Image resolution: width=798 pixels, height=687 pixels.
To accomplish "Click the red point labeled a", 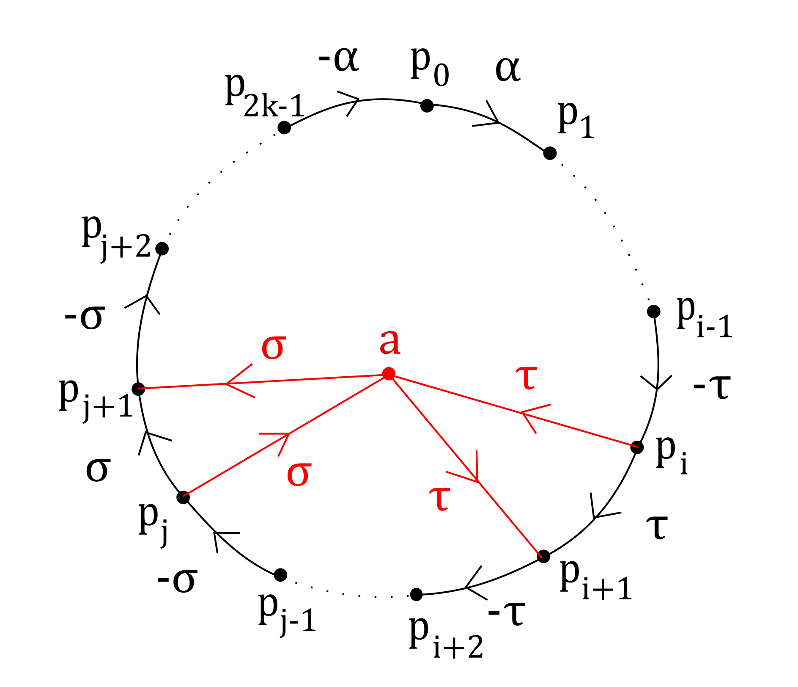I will point(389,374).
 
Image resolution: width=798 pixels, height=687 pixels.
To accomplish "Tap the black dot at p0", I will point(427,105).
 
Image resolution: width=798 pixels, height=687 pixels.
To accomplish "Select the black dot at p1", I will point(550,153).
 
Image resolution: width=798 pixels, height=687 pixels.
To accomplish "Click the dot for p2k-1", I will point(284,127).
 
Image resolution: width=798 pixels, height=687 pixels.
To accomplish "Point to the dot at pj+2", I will point(162,248).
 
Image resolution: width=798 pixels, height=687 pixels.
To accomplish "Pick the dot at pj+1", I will point(138,389).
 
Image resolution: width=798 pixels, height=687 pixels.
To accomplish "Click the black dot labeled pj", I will point(183,497).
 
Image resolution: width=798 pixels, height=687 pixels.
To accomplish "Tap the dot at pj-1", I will point(280,575).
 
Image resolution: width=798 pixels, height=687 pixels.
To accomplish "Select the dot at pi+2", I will point(417,594).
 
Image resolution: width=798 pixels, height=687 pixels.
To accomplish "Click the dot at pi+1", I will point(544,556).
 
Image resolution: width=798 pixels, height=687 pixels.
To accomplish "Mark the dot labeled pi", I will point(637,447).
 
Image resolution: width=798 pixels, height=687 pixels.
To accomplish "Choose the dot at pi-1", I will point(654,312).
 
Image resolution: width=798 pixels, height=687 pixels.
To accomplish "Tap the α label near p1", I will point(507,69).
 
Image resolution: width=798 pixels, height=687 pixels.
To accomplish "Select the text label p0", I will point(429,68).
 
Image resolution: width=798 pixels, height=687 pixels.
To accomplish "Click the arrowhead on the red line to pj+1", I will point(228,384).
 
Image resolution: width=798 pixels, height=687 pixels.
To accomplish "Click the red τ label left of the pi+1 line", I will point(440,498).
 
